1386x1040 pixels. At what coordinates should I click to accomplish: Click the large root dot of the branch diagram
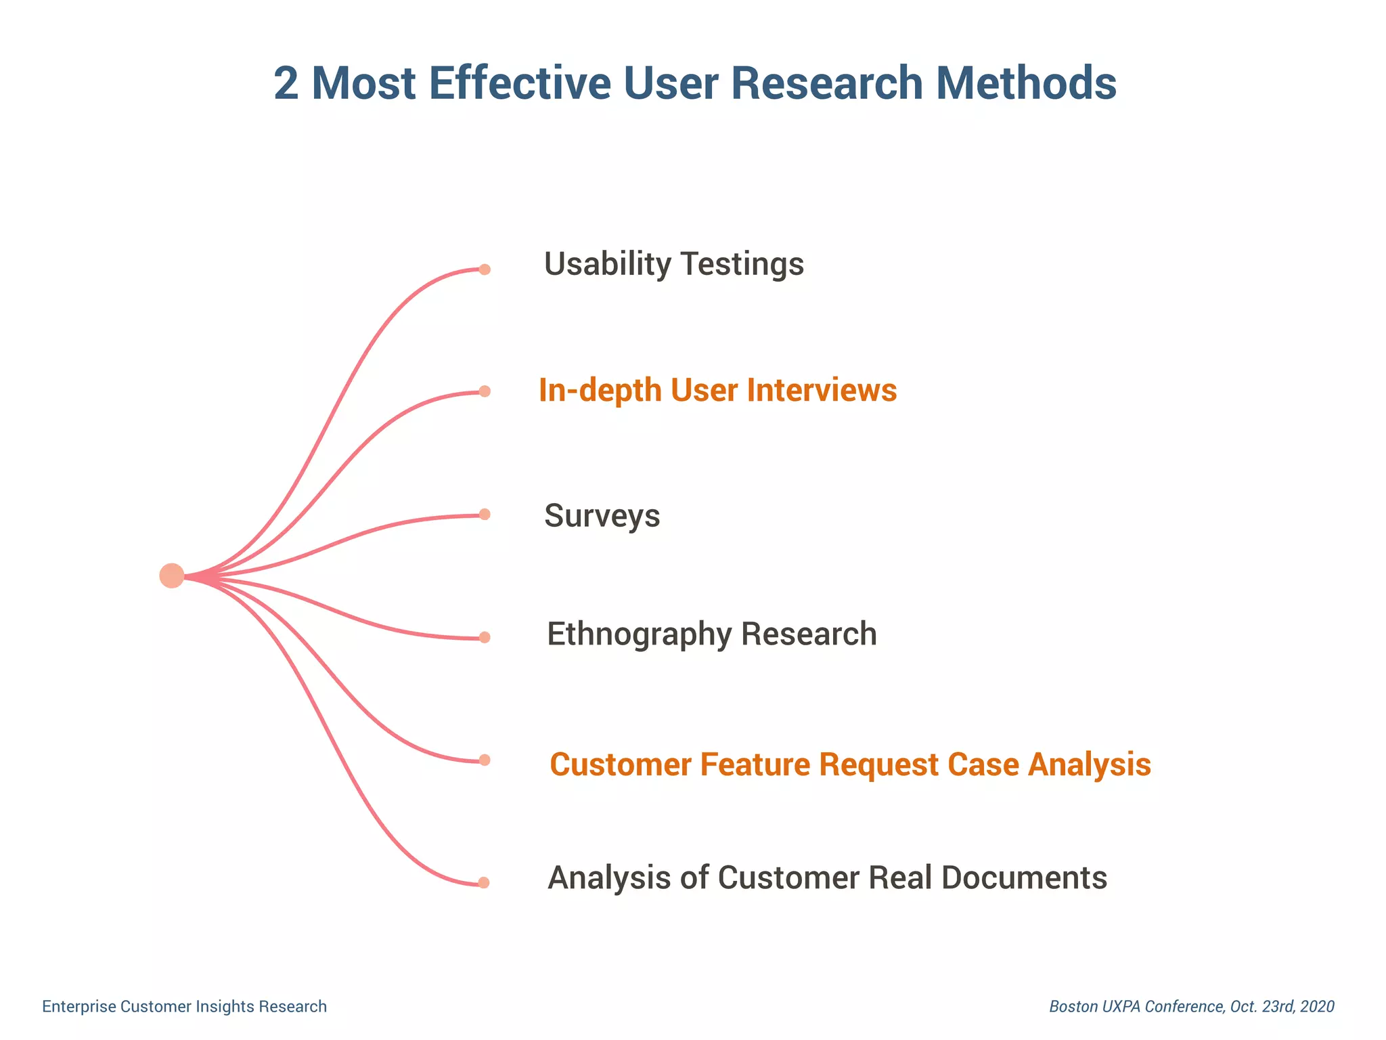point(172,576)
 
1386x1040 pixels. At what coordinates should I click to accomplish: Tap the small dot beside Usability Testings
point(485,269)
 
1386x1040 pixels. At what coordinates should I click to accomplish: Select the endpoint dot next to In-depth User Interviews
point(485,391)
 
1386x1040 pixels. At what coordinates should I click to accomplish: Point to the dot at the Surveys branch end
point(485,515)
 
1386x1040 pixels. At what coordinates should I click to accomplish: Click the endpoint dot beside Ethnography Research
point(485,637)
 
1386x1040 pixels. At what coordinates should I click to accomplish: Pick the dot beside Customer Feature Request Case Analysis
point(485,760)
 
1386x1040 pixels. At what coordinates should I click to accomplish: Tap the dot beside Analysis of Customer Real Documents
point(483,883)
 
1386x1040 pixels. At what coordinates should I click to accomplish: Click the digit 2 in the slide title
point(286,83)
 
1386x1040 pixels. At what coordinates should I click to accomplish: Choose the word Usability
point(606,264)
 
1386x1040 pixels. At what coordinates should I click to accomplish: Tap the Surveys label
point(602,516)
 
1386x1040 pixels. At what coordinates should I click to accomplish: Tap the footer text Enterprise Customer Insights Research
point(184,1007)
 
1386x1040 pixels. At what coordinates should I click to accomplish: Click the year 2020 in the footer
point(1317,1007)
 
